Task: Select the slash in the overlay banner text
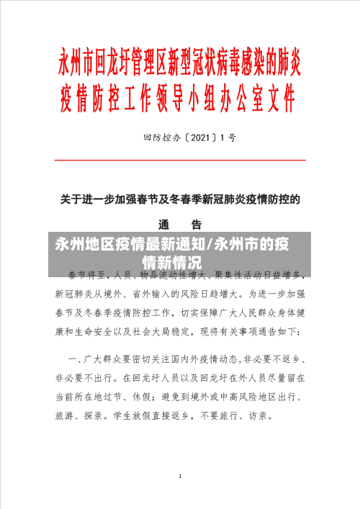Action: pyautogui.click(x=211, y=244)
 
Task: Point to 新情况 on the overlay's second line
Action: pyautogui.click(x=182, y=262)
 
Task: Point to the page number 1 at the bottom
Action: pyautogui.click(x=179, y=477)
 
